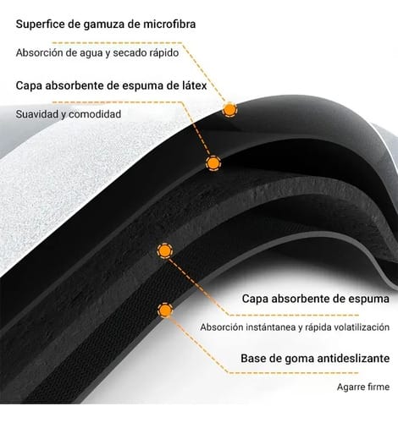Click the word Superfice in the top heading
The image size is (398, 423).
click(40, 25)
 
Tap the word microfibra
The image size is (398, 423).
click(169, 24)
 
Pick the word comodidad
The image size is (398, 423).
click(95, 114)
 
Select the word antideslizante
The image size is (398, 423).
click(353, 359)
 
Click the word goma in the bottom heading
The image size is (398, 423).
click(299, 359)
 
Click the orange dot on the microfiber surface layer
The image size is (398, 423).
click(229, 109)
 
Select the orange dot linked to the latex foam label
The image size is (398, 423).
click(213, 162)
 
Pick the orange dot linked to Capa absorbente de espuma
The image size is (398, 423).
click(165, 250)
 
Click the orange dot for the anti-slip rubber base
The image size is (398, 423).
click(165, 310)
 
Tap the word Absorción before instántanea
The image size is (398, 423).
click(222, 327)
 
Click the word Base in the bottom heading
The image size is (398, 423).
click(253, 359)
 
